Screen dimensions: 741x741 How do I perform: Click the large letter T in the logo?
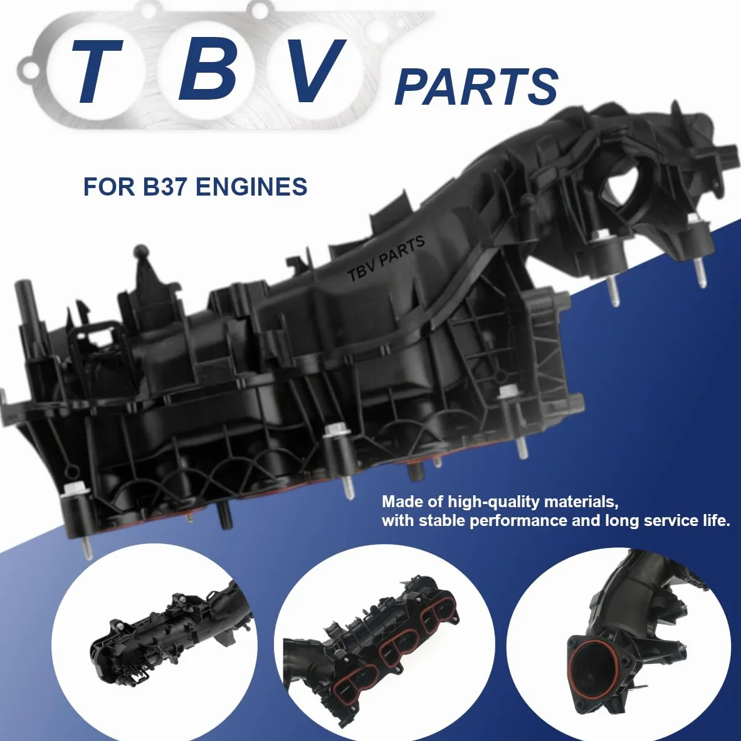[97, 71]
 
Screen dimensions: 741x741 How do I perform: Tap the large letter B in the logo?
[208, 70]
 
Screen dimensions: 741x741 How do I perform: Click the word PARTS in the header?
[476, 87]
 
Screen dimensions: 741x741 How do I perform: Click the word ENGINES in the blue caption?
[251, 186]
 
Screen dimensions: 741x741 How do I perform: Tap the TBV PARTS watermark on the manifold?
[386, 258]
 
